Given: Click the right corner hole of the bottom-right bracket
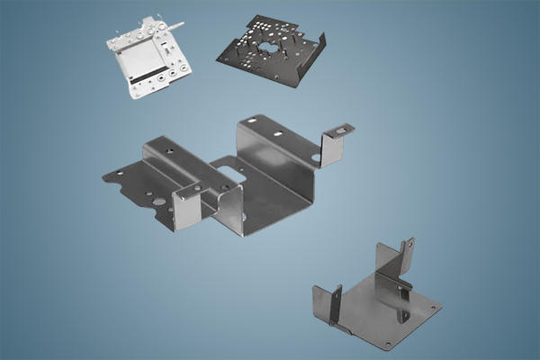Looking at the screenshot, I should (436, 307).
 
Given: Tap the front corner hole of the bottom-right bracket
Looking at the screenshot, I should (388, 343).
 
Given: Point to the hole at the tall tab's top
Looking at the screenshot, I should (404, 244).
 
